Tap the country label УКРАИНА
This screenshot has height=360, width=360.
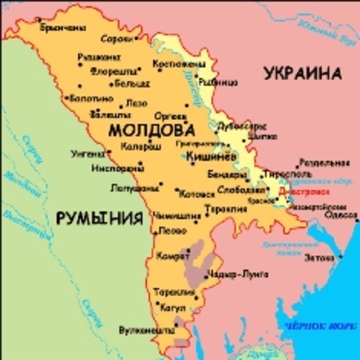tap(303, 74)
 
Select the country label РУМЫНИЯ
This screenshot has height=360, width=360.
tap(98, 220)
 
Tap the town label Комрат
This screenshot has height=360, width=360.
tap(171, 256)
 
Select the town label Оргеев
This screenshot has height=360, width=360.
tap(167, 113)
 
